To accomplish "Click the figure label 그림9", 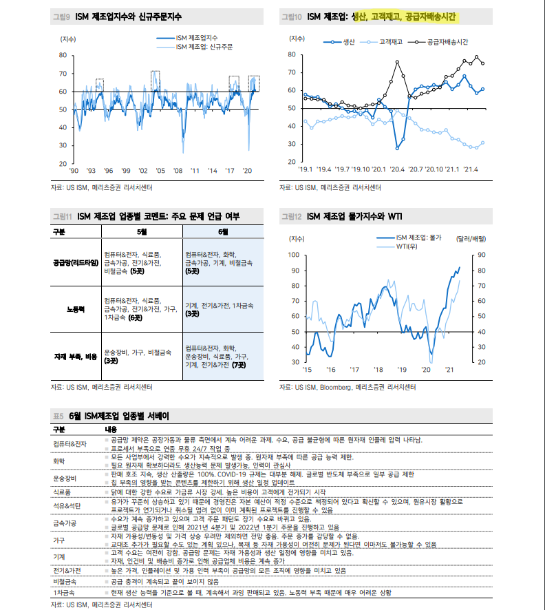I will click(x=62, y=15).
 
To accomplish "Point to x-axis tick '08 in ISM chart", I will click(x=178, y=170).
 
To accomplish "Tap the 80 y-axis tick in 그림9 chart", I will click(x=63, y=55).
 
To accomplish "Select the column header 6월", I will click(x=223, y=232).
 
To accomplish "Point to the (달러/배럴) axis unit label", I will click(x=471, y=239).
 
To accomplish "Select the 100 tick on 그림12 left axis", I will click(x=294, y=255).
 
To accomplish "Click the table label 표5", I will click(x=58, y=416).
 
